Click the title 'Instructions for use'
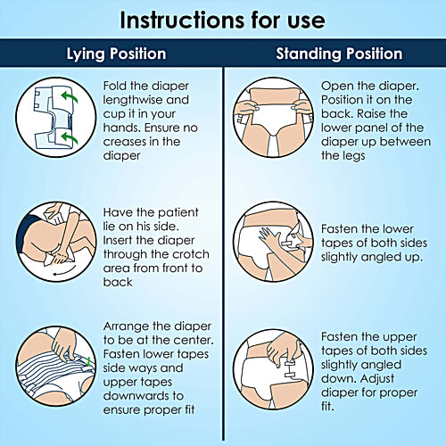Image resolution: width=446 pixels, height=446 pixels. click(223, 20)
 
